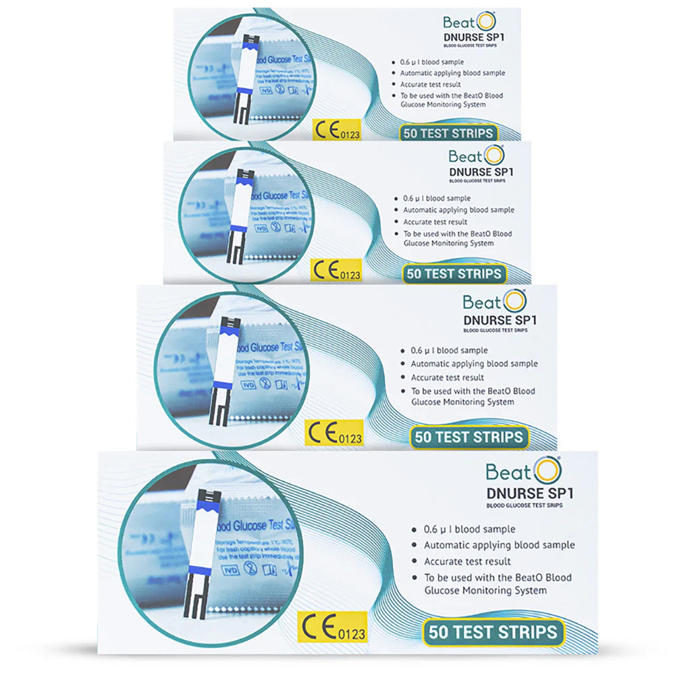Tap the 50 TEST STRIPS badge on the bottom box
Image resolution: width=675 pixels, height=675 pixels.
tap(493, 632)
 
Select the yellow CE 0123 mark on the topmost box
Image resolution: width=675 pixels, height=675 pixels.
tap(337, 131)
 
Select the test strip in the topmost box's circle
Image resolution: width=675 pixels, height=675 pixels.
tap(245, 78)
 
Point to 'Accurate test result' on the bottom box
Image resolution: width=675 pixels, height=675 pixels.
tap(468, 562)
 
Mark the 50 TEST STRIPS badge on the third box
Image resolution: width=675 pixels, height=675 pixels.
tap(468, 437)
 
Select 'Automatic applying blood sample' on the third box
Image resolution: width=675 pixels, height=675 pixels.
tap(475, 364)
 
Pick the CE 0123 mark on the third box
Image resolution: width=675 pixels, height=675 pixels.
tap(335, 433)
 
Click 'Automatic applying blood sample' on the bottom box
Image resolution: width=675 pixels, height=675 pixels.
tap(500, 545)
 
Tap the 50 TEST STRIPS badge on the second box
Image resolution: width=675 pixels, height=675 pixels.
tap(453, 273)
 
